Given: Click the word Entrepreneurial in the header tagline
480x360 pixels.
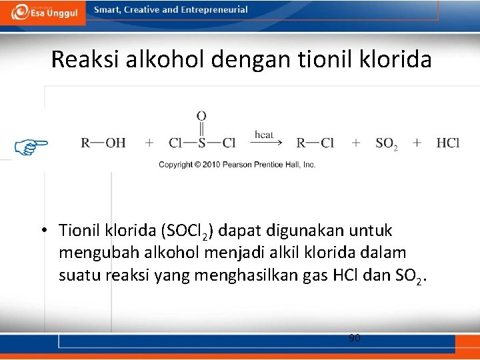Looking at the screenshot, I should (213, 10).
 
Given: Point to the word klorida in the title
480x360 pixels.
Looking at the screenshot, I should (398, 60).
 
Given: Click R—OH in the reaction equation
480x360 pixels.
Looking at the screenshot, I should (103, 143).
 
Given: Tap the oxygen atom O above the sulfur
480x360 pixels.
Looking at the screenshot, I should (201, 116).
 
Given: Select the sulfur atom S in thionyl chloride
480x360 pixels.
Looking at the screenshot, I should (201, 143).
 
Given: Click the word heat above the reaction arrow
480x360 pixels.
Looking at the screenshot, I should (264, 135).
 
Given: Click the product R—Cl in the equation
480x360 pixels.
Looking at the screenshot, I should (315, 143).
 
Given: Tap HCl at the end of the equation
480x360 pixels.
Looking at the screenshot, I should (447, 143).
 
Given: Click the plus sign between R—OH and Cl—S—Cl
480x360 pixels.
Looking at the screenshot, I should (149, 143).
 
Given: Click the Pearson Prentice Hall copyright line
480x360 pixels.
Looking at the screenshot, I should (237, 165).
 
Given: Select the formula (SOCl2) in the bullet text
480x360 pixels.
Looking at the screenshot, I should (187, 231).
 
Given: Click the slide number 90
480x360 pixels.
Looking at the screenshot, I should (355, 338).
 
